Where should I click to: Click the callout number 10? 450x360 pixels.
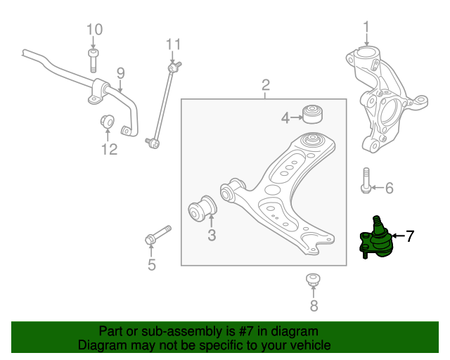click(94, 30)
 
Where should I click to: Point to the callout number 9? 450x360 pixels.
click(120, 72)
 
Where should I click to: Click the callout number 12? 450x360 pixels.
click(108, 148)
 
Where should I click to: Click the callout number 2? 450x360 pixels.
click(266, 86)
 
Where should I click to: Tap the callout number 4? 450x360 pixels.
click(285, 118)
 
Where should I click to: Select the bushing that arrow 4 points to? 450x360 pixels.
click(311, 112)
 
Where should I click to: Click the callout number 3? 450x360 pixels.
click(212, 236)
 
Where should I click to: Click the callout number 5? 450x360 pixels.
click(151, 265)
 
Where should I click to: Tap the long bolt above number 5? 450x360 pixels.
click(160, 236)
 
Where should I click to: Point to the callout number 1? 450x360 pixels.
click(366, 27)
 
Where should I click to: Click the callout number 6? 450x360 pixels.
click(389, 188)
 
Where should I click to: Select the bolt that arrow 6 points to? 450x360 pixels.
click(365, 180)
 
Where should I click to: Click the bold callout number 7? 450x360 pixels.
click(410, 236)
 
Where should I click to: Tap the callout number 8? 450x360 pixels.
click(314, 305)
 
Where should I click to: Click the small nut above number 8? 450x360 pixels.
click(314, 279)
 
